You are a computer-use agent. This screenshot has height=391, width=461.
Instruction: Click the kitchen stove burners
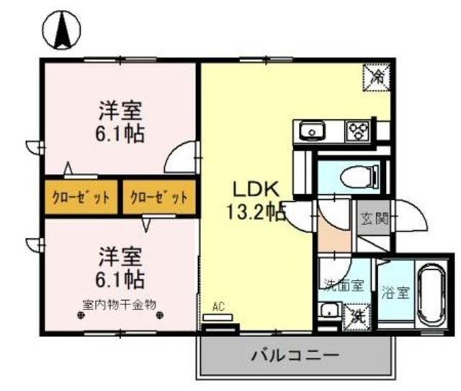(357, 131)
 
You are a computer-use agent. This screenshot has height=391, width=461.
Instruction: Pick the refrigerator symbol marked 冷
(377, 74)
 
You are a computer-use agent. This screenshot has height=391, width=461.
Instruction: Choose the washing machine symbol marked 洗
(357, 315)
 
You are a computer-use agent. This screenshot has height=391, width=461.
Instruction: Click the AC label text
(218, 307)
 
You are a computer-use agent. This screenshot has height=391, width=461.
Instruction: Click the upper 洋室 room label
(120, 111)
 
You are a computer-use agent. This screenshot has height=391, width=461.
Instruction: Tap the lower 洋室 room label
(120, 255)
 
